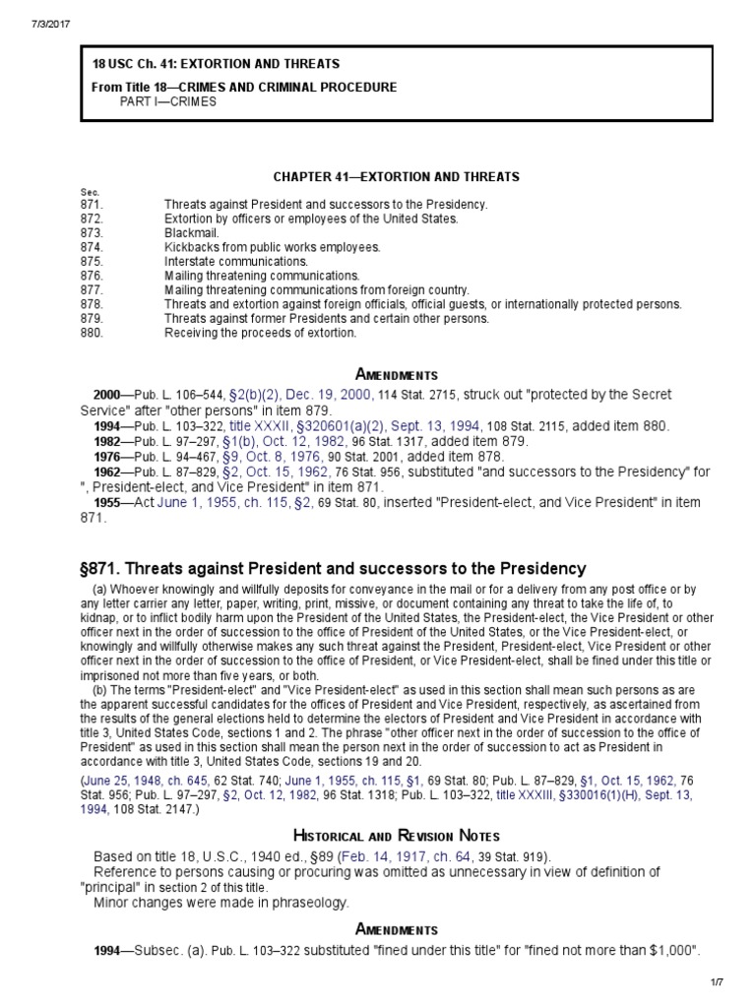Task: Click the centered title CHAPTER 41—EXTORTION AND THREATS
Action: point(396,177)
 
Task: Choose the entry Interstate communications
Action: point(236,262)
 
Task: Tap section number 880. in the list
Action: point(91,333)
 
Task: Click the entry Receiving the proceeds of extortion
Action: point(260,333)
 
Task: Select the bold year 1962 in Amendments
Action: point(108,472)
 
